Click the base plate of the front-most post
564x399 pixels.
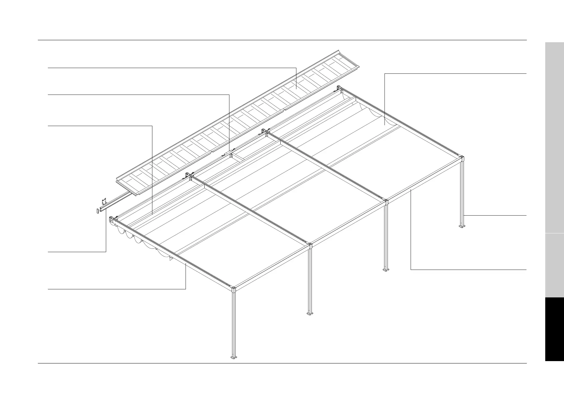pos(233,357)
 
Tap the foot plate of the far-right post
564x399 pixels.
pos(462,227)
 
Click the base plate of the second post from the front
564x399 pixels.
pos(310,313)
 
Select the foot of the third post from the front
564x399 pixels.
pos(386,270)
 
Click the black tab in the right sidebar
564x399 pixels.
pos(554,329)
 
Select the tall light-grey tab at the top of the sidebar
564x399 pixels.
pos(554,137)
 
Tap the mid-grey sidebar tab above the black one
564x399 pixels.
pos(554,265)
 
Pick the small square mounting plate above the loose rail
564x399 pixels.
pos(104,201)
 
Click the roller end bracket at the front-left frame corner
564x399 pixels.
pos(112,220)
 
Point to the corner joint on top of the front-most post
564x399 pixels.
pos(233,289)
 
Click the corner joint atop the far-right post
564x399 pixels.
pos(462,158)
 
